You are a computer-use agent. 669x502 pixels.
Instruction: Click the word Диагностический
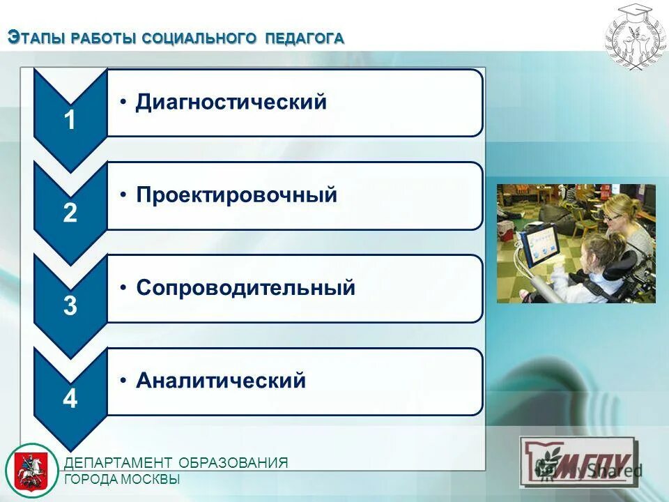231,102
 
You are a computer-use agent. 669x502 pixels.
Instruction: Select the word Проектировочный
236,195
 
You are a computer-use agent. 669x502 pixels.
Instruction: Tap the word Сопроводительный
245,287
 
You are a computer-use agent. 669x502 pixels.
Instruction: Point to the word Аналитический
221,381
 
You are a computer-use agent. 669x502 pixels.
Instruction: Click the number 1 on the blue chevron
70,121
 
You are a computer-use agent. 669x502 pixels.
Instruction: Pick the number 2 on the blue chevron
70,213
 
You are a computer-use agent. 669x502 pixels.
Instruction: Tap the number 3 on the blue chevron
70,307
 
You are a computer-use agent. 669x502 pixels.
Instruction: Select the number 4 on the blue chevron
70,400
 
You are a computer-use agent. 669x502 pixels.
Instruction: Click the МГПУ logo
579,461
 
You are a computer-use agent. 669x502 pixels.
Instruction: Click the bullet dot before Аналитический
123,381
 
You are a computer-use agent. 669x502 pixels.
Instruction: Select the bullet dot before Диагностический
123,102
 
